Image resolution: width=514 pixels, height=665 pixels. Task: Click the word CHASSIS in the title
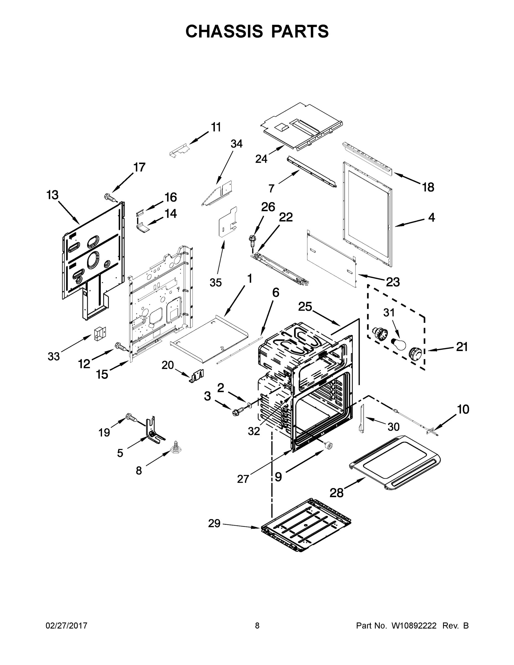[x=224, y=31]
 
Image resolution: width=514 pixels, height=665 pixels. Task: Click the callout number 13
[x=52, y=195]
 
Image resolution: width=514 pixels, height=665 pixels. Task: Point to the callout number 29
[x=214, y=523]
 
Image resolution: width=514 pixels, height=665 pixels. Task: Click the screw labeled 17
[x=110, y=198]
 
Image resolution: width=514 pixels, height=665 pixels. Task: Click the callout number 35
[x=216, y=283]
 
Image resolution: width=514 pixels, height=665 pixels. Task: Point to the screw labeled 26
[x=252, y=241]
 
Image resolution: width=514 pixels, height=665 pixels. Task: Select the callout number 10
[x=463, y=410]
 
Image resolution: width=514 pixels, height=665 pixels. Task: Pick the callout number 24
[x=261, y=159]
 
